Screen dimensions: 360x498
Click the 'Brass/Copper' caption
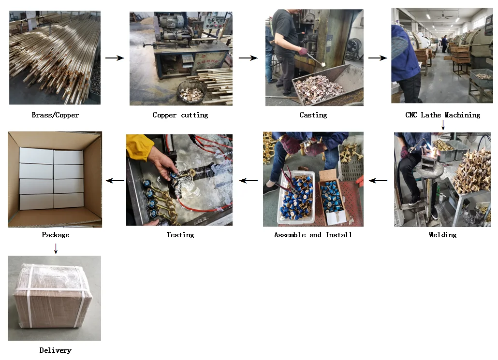55,115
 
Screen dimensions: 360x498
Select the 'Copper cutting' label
180,115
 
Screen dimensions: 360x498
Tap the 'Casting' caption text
313,115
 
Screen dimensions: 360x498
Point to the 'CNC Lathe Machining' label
442,115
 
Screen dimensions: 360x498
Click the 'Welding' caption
442,235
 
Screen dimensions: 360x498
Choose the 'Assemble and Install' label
313,235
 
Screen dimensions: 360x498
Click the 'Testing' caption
180,235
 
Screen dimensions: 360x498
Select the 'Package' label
55,235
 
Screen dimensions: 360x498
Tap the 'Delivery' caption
55,350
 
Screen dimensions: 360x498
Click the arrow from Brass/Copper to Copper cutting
115,58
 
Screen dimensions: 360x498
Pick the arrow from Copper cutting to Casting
248,58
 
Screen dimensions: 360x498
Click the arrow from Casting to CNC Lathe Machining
378,58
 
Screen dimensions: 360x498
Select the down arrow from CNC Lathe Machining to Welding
443,125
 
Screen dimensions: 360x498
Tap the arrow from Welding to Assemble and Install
378,181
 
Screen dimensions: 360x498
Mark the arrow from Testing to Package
115,181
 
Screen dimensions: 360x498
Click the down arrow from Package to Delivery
56,248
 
